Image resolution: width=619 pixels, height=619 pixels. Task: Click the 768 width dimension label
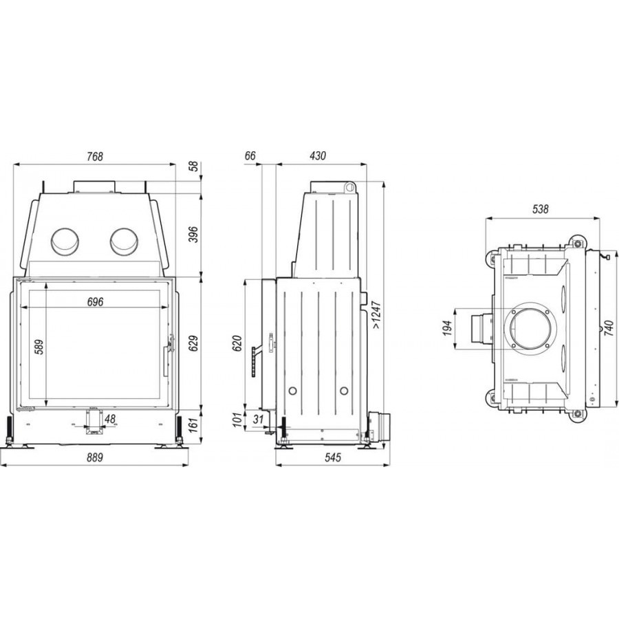pos(95,157)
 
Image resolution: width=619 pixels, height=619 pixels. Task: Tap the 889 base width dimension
pos(95,457)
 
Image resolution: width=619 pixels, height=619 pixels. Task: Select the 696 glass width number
pos(95,302)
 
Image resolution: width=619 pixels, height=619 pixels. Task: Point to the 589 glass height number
pos(39,347)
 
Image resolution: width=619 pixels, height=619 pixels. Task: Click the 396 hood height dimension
pos(193,234)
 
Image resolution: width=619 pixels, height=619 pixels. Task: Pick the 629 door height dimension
pos(193,343)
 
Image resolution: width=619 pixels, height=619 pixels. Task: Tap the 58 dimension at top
pos(193,166)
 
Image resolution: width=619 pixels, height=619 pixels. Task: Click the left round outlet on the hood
pos(65,241)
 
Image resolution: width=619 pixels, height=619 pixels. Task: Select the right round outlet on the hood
pos(124,241)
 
